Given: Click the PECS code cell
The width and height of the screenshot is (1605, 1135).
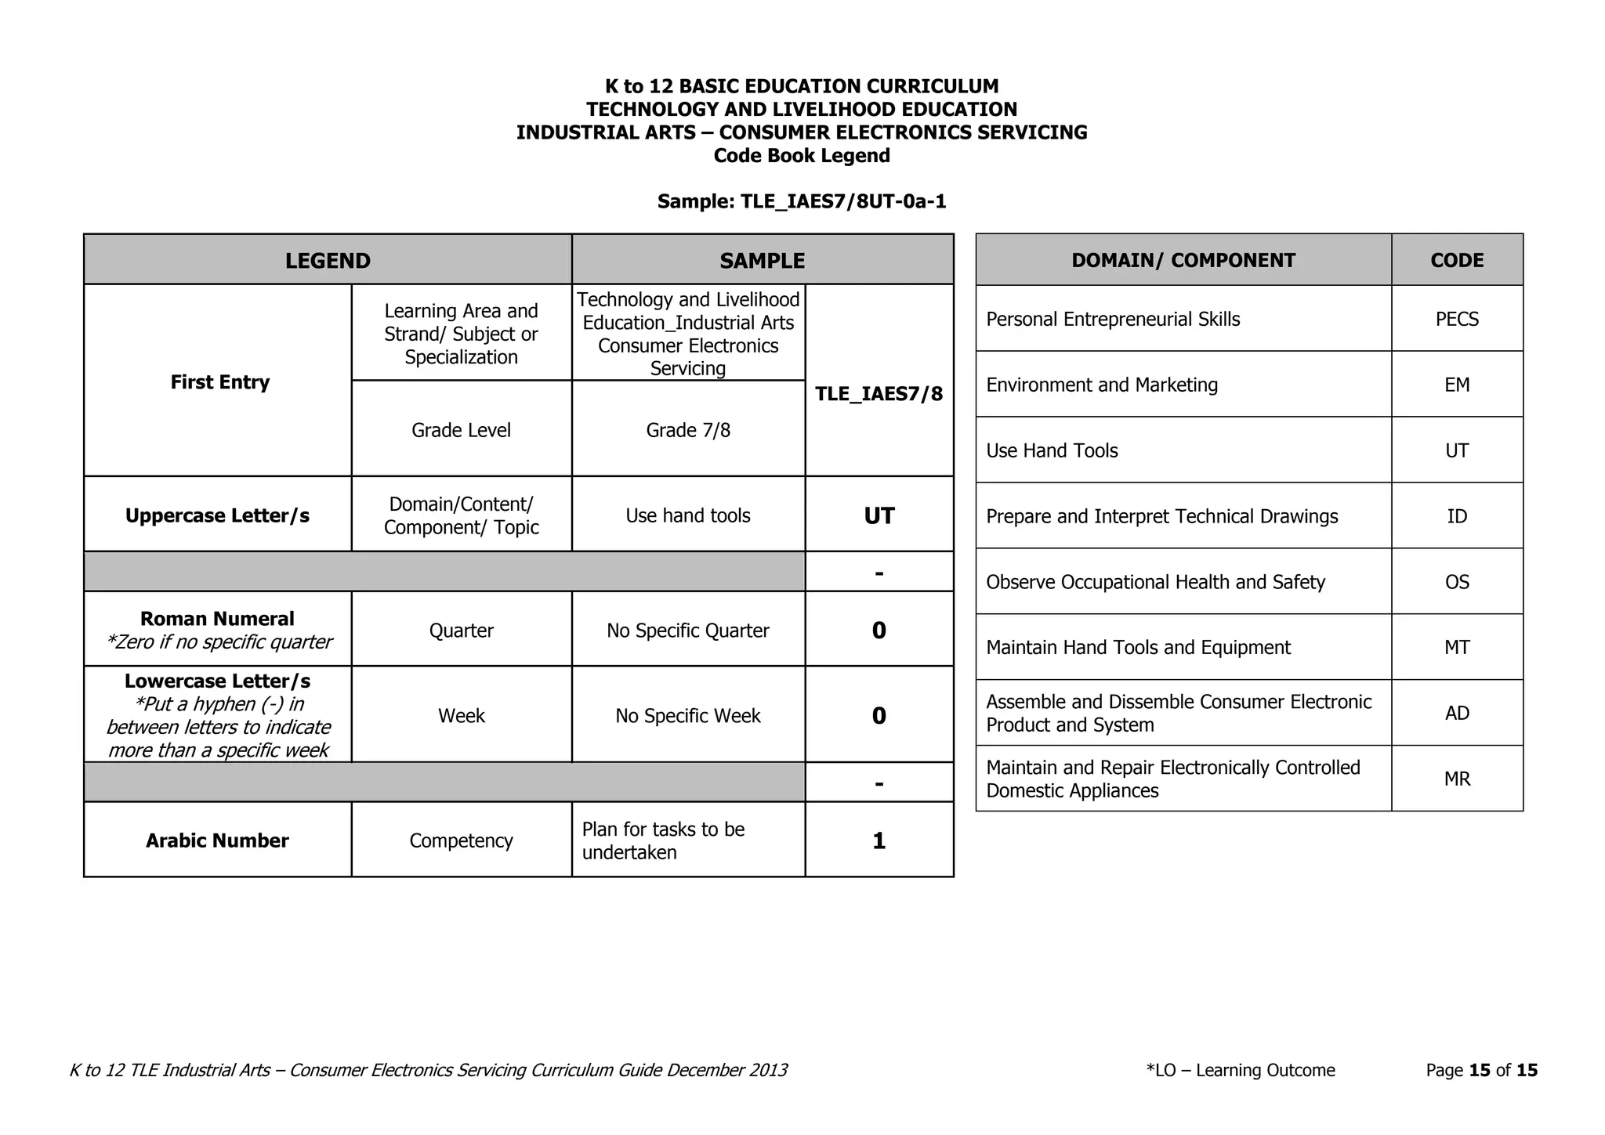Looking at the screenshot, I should click(1456, 320).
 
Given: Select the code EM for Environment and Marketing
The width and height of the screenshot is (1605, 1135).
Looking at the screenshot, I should click(1456, 385).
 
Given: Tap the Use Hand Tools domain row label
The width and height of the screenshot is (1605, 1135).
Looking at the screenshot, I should click(1052, 451).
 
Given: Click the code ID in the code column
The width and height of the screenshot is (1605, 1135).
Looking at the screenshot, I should click(1456, 517).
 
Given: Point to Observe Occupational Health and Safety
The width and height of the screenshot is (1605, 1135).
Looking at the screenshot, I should click(1155, 583).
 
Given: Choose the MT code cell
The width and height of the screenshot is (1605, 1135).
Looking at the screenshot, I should click(1456, 648).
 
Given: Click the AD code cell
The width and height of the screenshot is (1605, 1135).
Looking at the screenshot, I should click(1456, 714).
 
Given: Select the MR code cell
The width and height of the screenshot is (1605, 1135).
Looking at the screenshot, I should click(1456, 779).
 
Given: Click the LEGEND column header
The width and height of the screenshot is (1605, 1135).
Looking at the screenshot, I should click(328, 261).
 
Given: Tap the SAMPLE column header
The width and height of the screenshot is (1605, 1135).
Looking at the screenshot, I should click(762, 261).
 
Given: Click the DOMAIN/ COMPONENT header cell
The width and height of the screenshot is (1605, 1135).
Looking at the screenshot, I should click(1183, 261).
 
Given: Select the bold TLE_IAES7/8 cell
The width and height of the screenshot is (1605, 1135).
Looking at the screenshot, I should click(879, 394).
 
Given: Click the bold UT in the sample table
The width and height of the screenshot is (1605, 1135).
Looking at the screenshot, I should click(879, 515).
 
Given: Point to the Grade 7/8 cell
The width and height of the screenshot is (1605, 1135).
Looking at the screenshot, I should click(688, 430).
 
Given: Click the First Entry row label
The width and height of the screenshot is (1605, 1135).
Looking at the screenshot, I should click(219, 382).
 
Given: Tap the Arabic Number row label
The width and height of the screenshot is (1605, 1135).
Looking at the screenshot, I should click(217, 840).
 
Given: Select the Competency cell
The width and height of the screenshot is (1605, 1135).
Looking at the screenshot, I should click(461, 840).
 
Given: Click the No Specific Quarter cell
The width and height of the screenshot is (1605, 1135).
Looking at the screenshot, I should click(688, 631).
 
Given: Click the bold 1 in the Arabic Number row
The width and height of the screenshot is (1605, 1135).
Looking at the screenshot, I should click(879, 840).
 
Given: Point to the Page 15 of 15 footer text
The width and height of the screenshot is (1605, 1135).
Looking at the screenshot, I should click(1481, 1070).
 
